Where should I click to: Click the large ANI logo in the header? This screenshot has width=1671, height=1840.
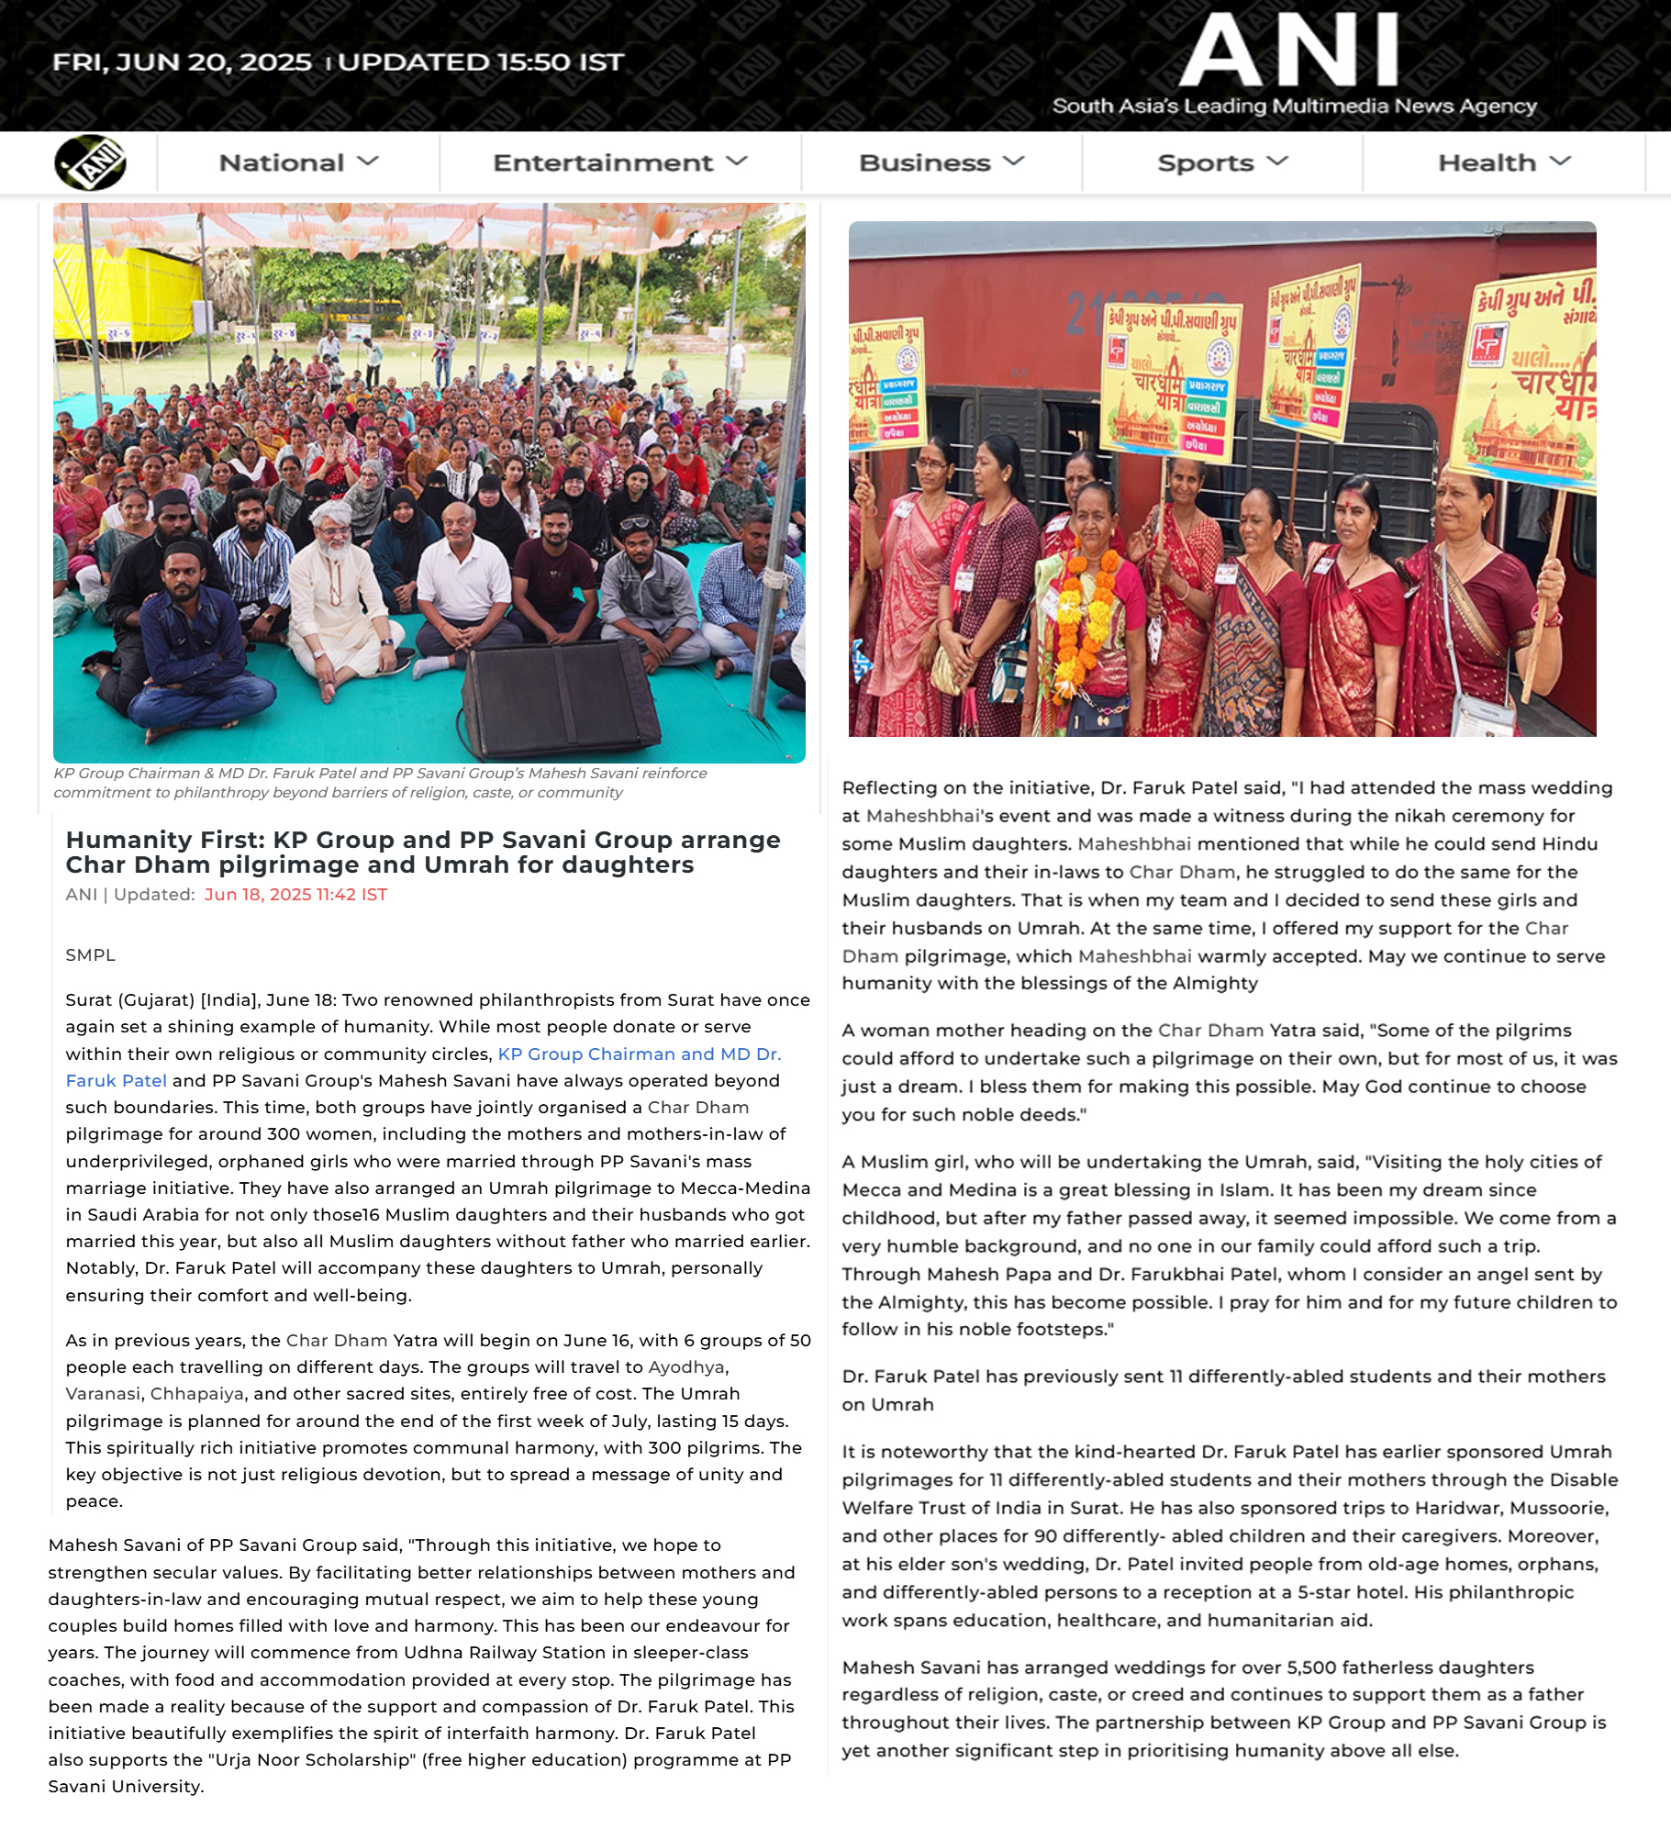click(1288, 51)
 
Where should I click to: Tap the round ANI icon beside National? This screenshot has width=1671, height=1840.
click(90, 162)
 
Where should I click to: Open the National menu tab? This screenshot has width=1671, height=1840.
click(297, 162)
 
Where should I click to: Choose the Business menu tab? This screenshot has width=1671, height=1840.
click(941, 162)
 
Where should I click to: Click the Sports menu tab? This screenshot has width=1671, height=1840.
click(1221, 162)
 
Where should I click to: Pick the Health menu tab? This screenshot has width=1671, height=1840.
click(1503, 162)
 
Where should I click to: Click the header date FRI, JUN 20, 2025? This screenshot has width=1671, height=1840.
click(182, 62)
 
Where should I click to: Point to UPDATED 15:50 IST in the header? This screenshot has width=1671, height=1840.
click(481, 62)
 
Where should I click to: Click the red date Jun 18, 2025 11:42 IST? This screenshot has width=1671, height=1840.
click(295, 895)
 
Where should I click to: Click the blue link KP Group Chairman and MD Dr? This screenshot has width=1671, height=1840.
click(639, 1054)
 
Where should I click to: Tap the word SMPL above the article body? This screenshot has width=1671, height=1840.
click(91, 955)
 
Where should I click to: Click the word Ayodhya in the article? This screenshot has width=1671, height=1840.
click(686, 1367)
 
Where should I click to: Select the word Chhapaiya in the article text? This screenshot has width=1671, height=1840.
click(196, 1394)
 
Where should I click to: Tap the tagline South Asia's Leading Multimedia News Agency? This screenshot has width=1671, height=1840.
click(1294, 106)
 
